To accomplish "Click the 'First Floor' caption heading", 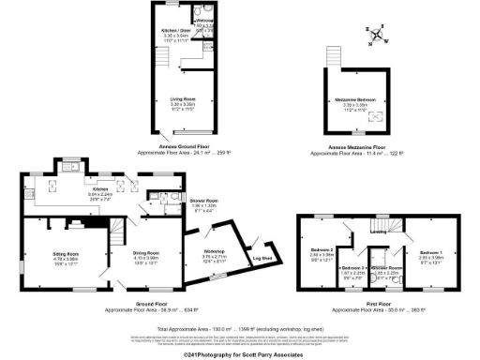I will (381, 300).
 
